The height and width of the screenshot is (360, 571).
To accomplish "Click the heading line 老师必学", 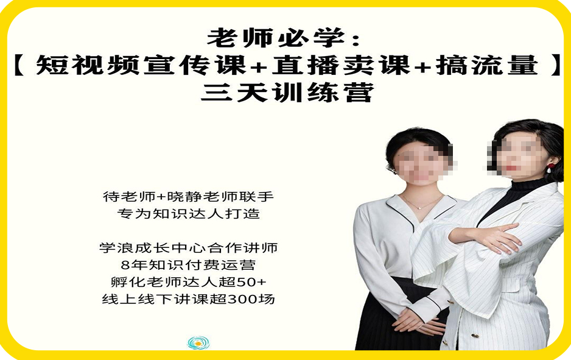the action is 284,38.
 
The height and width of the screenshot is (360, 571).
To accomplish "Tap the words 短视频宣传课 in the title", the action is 141,65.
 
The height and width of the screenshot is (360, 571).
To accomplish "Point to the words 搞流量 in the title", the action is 487,65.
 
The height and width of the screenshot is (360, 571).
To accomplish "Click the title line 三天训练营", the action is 287,92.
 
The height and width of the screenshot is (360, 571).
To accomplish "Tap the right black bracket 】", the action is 556,65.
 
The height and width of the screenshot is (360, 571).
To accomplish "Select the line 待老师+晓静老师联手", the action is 188,196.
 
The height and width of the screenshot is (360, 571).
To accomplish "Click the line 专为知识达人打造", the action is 188,214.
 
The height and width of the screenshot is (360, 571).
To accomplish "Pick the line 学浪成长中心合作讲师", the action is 188,248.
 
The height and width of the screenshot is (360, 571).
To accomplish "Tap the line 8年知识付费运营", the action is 188,265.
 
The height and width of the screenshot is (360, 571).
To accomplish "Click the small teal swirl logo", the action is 198,342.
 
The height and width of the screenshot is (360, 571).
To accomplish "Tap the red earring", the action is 550,168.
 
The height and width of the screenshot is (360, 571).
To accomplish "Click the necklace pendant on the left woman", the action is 420,208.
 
